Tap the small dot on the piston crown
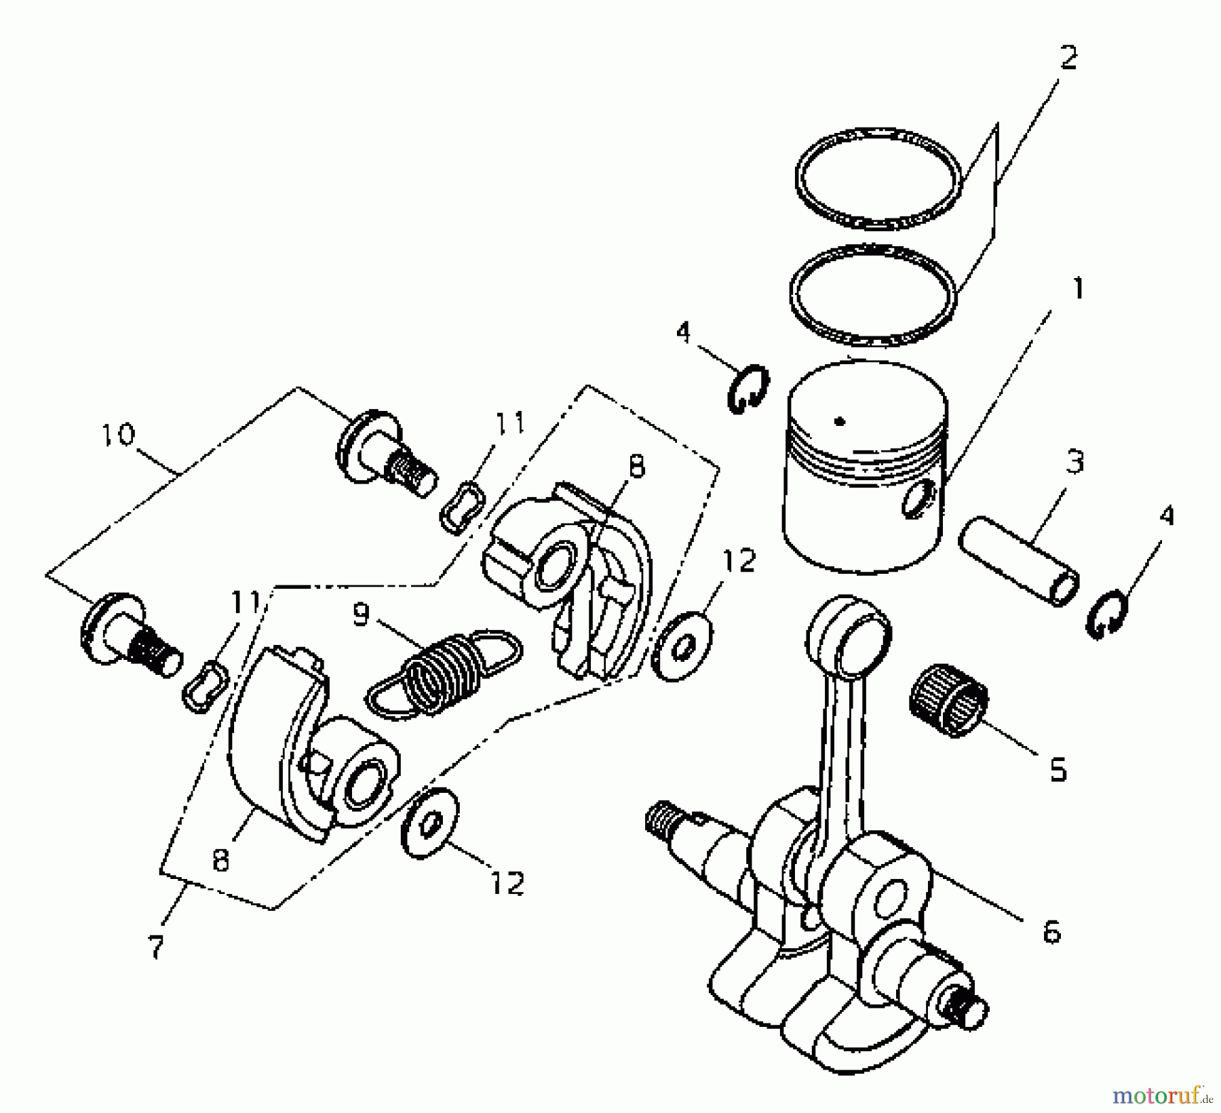(840, 421)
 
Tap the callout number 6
(1050, 933)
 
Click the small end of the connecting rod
(848, 627)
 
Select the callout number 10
(119, 434)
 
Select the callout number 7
(157, 947)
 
